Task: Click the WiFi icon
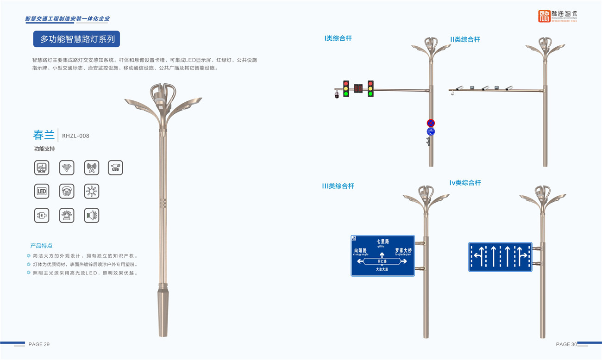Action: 67,168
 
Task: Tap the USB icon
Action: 115,168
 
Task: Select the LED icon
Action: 42,191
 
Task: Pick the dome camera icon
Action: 67,191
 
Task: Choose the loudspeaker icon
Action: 92,215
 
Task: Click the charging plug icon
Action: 42,215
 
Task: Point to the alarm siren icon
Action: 67,215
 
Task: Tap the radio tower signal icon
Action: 92,168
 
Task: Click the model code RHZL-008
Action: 75,136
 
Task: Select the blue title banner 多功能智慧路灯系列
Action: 76,39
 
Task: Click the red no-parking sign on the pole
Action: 431,123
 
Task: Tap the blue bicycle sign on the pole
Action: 431,132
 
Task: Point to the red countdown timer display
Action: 358,88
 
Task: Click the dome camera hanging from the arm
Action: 337,95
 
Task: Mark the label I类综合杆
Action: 338,38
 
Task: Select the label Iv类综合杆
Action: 465,183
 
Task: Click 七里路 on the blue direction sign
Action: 383,242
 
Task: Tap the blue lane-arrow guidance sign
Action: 500,257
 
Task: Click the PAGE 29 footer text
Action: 39,344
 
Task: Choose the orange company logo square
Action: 544,16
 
